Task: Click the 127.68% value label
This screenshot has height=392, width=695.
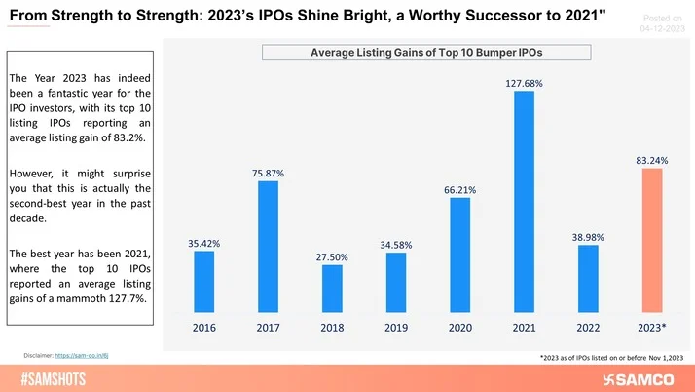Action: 524,83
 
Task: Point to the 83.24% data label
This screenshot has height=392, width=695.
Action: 651,160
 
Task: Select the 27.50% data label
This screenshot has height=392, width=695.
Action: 332,256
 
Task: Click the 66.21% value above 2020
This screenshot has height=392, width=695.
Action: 459,190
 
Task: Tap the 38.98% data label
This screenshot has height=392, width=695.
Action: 588,237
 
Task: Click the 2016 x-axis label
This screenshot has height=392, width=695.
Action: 203,328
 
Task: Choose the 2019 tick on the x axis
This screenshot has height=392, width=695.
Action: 396,328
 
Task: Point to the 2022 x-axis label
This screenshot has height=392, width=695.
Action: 588,328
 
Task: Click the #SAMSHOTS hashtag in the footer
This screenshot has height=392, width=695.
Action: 56,378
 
